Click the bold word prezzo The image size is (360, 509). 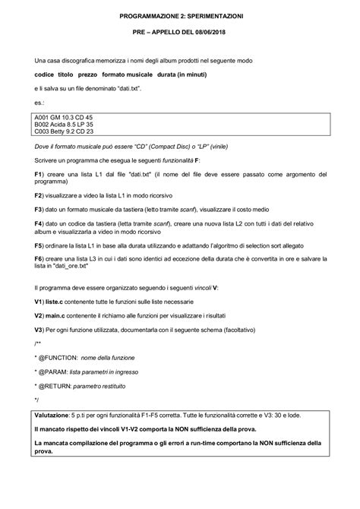[x=96, y=74]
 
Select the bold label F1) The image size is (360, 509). [x=41, y=175]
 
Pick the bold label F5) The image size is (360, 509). [x=41, y=247]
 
